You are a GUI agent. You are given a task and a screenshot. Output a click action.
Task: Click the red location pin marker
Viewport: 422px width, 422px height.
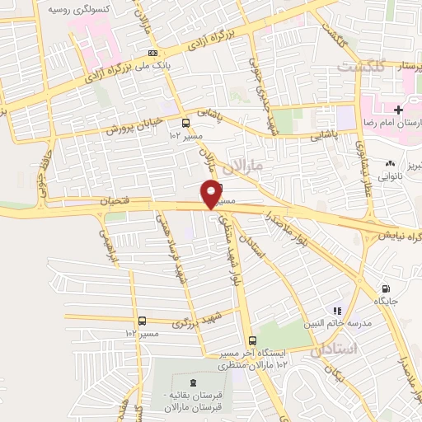(211, 194)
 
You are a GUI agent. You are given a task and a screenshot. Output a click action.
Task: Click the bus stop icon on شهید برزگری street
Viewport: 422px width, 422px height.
(143, 321)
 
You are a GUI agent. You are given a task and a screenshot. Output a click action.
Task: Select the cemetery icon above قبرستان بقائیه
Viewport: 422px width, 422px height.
(193, 382)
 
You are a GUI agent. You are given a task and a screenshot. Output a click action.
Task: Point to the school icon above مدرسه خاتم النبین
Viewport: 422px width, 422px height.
(336, 311)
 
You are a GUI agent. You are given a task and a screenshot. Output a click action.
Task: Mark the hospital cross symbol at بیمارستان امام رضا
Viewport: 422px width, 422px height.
(397, 110)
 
